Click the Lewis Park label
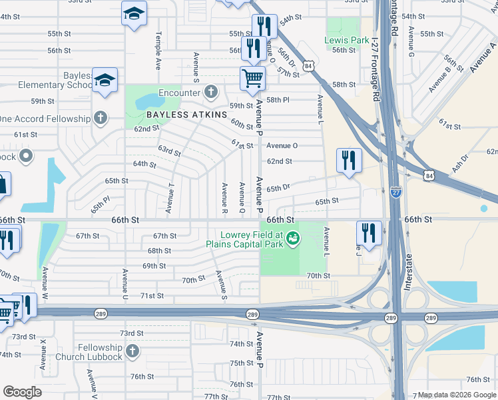click(346, 40)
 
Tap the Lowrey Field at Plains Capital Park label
click(252, 239)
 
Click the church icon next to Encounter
click(211, 92)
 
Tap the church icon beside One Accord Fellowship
click(100, 119)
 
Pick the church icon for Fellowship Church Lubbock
click(132, 351)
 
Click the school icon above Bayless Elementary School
click(105, 80)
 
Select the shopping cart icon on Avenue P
click(253, 78)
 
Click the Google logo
click(22, 392)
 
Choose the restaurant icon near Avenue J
click(369, 233)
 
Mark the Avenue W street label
click(45, 282)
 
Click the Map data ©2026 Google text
click(456, 395)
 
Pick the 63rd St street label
click(169, 151)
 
